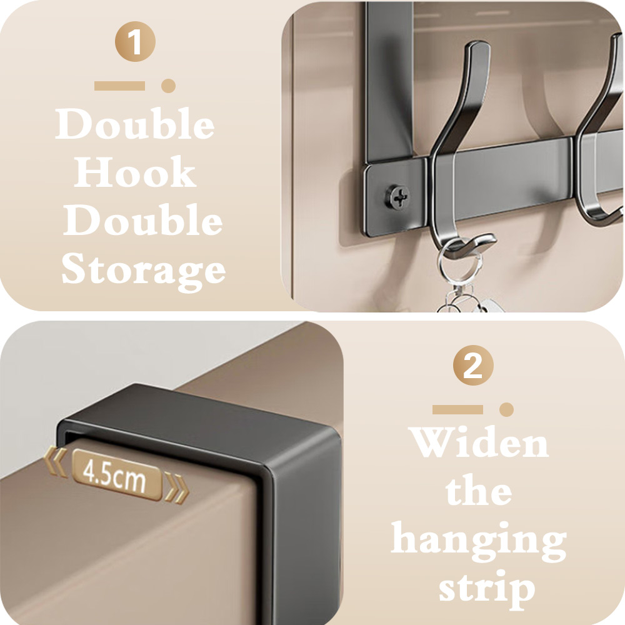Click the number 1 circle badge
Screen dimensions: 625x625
pyautogui.click(x=135, y=41)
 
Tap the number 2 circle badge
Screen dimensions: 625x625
pyautogui.click(x=473, y=365)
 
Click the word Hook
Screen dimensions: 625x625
pyautogui.click(x=135, y=172)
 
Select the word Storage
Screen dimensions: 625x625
pyautogui.click(x=144, y=270)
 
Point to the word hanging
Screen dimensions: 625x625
pyautogui.click(x=479, y=540)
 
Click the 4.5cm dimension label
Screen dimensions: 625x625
pyautogui.click(x=116, y=475)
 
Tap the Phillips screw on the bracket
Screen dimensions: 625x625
pyautogui.click(x=397, y=197)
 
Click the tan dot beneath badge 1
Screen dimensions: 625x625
pyautogui.click(x=168, y=86)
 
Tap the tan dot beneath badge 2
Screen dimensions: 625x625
pyautogui.click(x=506, y=409)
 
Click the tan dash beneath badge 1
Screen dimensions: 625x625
pyautogui.click(x=119, y=86)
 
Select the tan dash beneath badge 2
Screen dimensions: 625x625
pyautogui.click(x=457, y=409)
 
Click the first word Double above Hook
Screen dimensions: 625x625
pyautogui.click(x=135, y=124)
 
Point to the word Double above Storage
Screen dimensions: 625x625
pyautogui.click(x=142, y=220)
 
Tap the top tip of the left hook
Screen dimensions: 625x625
pyautogui.click(x=479, y=43)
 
